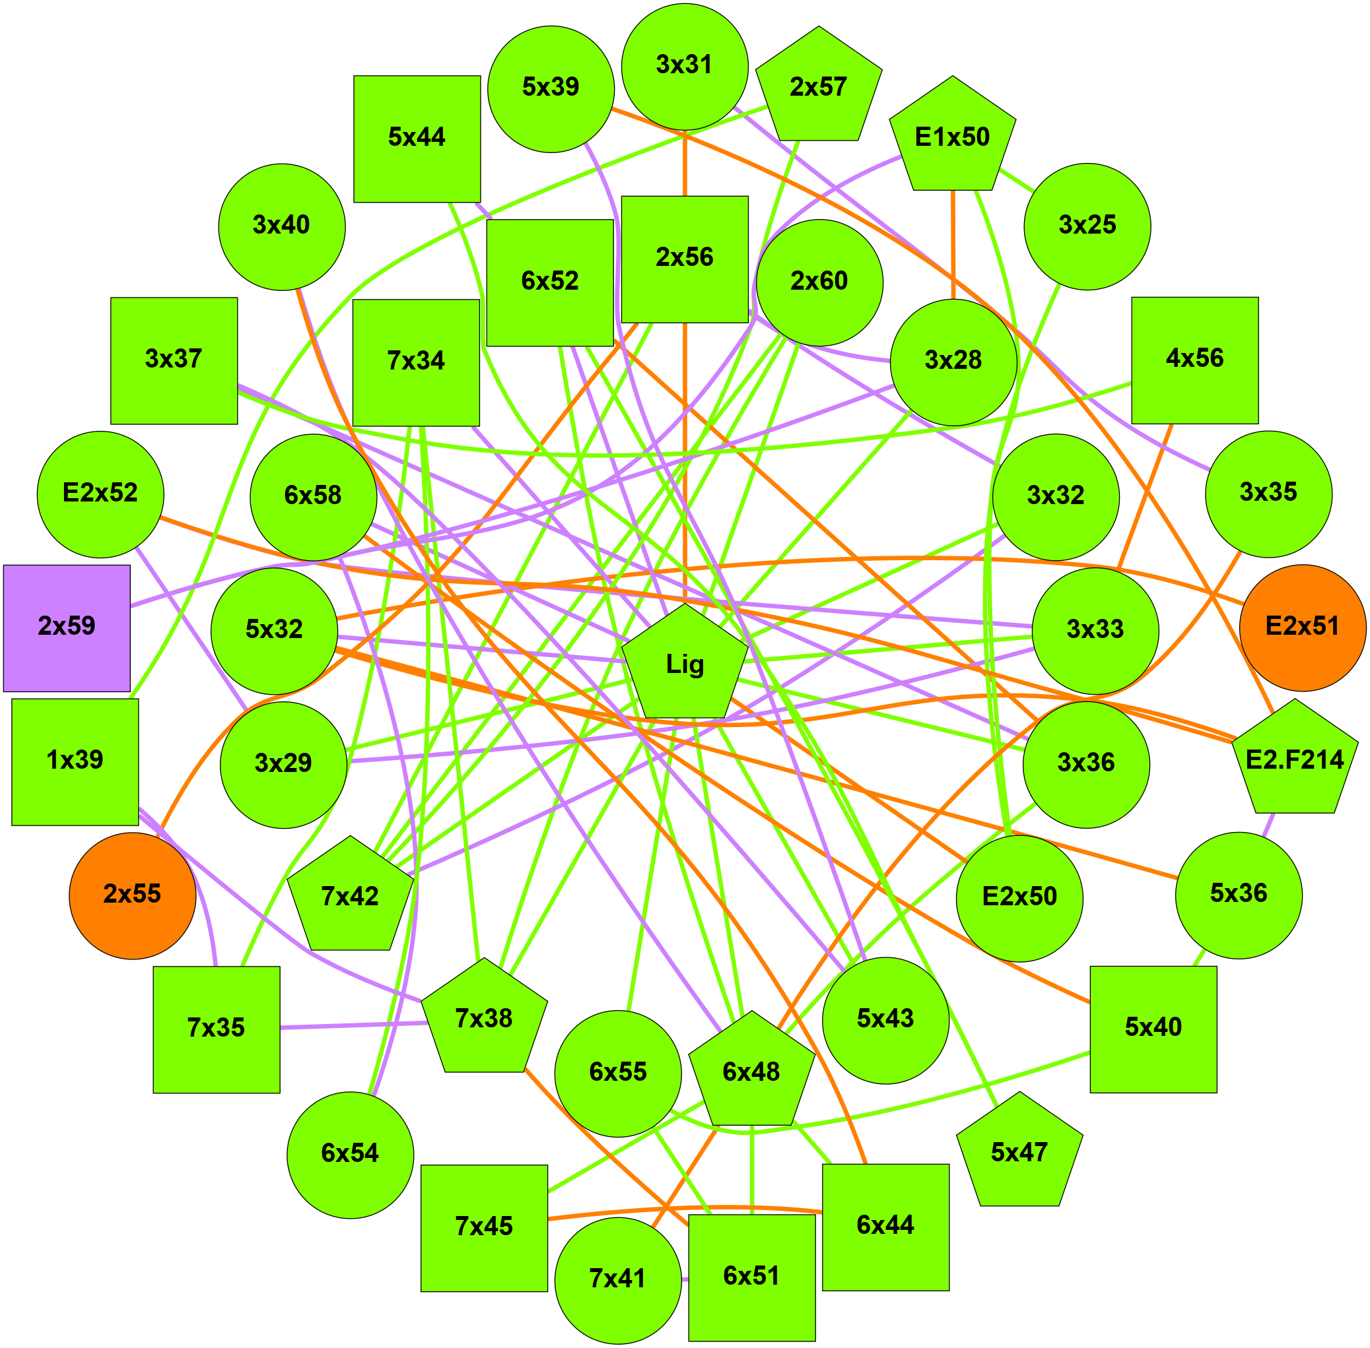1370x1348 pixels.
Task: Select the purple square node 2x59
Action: (67, 627)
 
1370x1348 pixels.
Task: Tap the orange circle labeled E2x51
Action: (1302, 627)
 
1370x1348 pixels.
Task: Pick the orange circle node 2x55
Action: (133, 895)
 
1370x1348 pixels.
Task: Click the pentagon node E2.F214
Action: (1294, 760)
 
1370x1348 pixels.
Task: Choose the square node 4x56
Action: (1194, 360)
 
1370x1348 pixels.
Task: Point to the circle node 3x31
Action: (684, 67)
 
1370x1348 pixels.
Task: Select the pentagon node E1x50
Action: (952, 137)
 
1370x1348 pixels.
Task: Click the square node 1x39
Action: (75, 761)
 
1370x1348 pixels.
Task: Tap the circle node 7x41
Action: (618, 1280)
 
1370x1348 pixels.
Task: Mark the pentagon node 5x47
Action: (1019, 1153)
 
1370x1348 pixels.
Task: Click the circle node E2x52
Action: (100, 494)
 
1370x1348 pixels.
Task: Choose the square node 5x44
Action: (417, 139)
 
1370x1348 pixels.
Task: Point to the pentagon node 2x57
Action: (818, 88)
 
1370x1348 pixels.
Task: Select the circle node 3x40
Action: (282, 226)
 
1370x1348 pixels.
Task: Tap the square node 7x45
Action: (484, 1228)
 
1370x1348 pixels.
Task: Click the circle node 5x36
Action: (1237, 895)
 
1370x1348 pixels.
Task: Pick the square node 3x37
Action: (174, 360)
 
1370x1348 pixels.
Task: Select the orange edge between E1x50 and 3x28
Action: (953, 244)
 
